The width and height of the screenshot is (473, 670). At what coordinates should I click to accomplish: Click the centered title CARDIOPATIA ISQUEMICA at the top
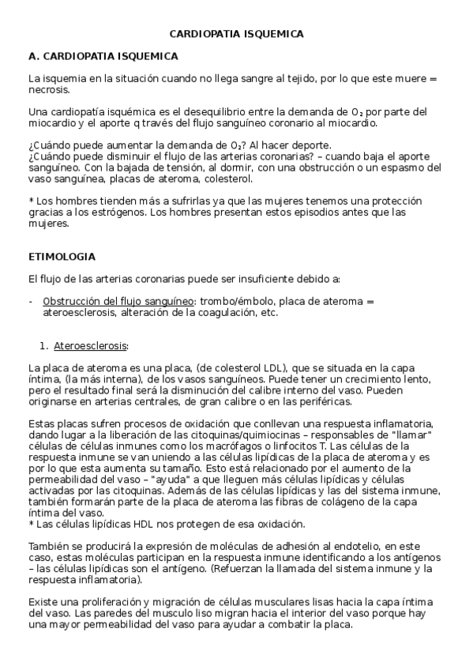(x=237, y=34)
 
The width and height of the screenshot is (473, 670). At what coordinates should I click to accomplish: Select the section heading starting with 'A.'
(x=103, y=57)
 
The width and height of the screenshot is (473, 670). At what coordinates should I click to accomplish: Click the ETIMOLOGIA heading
(x=62, y=257)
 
